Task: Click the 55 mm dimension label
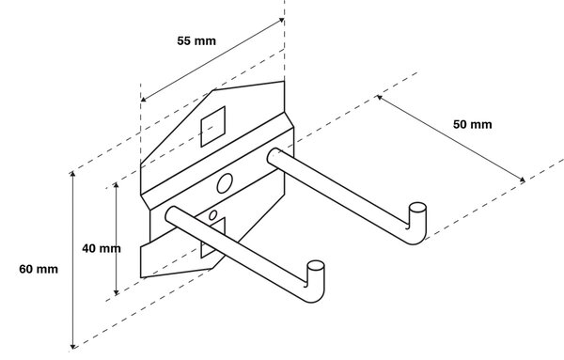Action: point(196,41)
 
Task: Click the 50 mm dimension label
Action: point(472,124)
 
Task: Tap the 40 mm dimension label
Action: point(102,248)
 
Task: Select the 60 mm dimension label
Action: point(39,269)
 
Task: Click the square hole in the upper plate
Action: point(213,126)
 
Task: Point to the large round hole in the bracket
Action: point(225,183)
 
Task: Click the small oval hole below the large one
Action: point(213,215)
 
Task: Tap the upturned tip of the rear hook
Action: point(418,208)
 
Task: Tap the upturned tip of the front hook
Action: point(316,266)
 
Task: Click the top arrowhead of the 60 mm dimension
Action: point(73,174)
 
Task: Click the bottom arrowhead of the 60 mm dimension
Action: point(73,347)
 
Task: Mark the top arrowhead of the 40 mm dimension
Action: point(116,185)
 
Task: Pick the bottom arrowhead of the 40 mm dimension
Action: point(116,292)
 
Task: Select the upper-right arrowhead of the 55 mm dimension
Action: point(282,20)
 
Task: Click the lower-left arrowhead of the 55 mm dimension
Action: point(143,100)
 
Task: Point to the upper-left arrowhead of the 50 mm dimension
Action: point(379,97)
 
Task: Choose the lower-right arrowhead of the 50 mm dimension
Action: point(523,180)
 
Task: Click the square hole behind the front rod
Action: point(213,238)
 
